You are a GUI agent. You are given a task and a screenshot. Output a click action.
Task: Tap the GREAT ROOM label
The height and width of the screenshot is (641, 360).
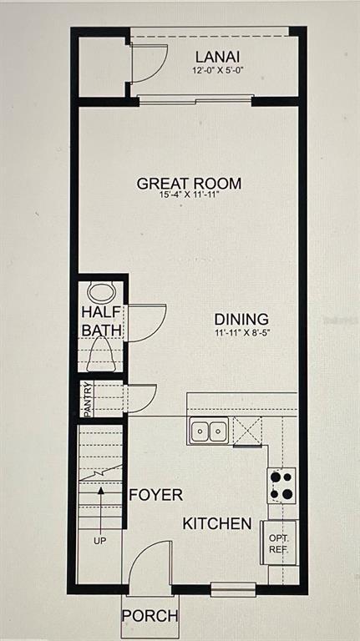coord(190,184)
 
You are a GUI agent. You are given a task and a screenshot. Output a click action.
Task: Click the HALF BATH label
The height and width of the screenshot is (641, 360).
coord(102,321)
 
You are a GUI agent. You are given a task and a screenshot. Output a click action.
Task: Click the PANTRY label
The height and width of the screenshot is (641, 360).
coord(86,399)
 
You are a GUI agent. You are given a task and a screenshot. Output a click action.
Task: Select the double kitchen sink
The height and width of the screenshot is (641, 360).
coord(209,431)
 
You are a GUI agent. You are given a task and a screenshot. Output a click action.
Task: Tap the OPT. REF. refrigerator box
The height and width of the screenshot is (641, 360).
coord(278,543)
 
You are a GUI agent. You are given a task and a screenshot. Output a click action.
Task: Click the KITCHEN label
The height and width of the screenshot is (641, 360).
coord(217,524)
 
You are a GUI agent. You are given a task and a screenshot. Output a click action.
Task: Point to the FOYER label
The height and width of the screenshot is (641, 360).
coord(155,495)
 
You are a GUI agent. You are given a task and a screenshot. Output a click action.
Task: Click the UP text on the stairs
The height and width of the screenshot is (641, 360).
coord(100,541)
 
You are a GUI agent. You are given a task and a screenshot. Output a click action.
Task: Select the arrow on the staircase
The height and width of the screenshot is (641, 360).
coord(100,505)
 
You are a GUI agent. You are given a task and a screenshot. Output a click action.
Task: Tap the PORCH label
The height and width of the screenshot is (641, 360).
coord(150,617)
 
